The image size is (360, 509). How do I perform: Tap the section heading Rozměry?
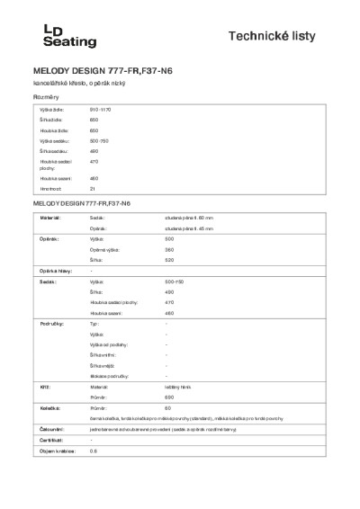coord(46,95)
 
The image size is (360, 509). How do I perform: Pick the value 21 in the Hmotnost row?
coord(93,189)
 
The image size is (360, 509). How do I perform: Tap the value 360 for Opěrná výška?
coord(169,250)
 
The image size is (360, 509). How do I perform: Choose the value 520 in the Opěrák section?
coord(169,260)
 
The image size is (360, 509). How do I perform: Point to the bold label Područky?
coord(48,322)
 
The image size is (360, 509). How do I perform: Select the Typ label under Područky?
coord(94,322)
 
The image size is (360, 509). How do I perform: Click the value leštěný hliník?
coord(181,384)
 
